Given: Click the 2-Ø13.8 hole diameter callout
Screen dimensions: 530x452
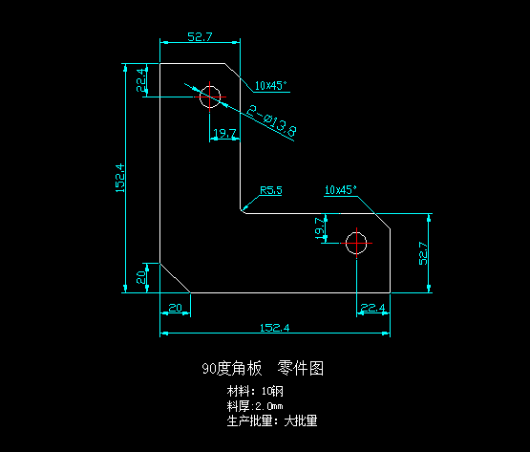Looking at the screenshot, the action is pos(272,121).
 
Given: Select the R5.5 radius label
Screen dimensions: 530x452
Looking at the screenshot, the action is pos(271,190).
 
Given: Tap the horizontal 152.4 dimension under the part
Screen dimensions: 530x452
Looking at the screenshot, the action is pos(274,328).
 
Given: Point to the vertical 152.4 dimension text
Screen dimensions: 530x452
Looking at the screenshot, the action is pos(120,178).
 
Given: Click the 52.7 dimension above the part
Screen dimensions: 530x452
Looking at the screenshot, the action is pos(200,36).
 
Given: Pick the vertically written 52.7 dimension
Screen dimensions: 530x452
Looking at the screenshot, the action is pos(423,253).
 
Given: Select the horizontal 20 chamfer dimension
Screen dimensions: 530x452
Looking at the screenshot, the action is pos(175,308).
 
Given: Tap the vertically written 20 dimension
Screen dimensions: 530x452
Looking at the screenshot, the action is pos(141,277).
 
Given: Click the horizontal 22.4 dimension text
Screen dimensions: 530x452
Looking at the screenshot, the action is pos(372,308).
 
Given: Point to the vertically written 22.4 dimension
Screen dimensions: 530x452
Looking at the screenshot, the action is pos(141,80).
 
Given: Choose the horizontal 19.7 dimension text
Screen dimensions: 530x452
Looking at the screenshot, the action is pos(224,133).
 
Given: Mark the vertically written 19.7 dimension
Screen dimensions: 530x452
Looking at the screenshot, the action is pos(320,228).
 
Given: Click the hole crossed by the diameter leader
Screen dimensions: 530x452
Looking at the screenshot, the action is pos(210,97).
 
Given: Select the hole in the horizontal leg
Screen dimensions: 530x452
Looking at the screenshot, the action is pos(356,243).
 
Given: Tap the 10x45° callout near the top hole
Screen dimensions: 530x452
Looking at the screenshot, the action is pos(271,86).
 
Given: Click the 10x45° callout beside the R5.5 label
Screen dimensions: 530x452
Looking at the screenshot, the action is pos(341,190).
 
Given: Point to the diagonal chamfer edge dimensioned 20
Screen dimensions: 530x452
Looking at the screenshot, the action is pos(175,278).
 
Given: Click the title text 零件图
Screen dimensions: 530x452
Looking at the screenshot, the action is pos(301,368).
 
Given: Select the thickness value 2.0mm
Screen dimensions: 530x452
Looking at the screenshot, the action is pos(269,406).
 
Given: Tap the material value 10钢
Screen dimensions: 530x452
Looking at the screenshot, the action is pos(272,392).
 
